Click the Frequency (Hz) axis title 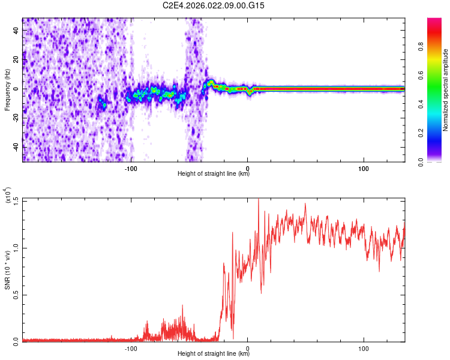[7, 89]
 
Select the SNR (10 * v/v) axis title [7, 269]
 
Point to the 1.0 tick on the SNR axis [16, 247]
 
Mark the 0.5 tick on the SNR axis [16, 294]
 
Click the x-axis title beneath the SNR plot [214, 353]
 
